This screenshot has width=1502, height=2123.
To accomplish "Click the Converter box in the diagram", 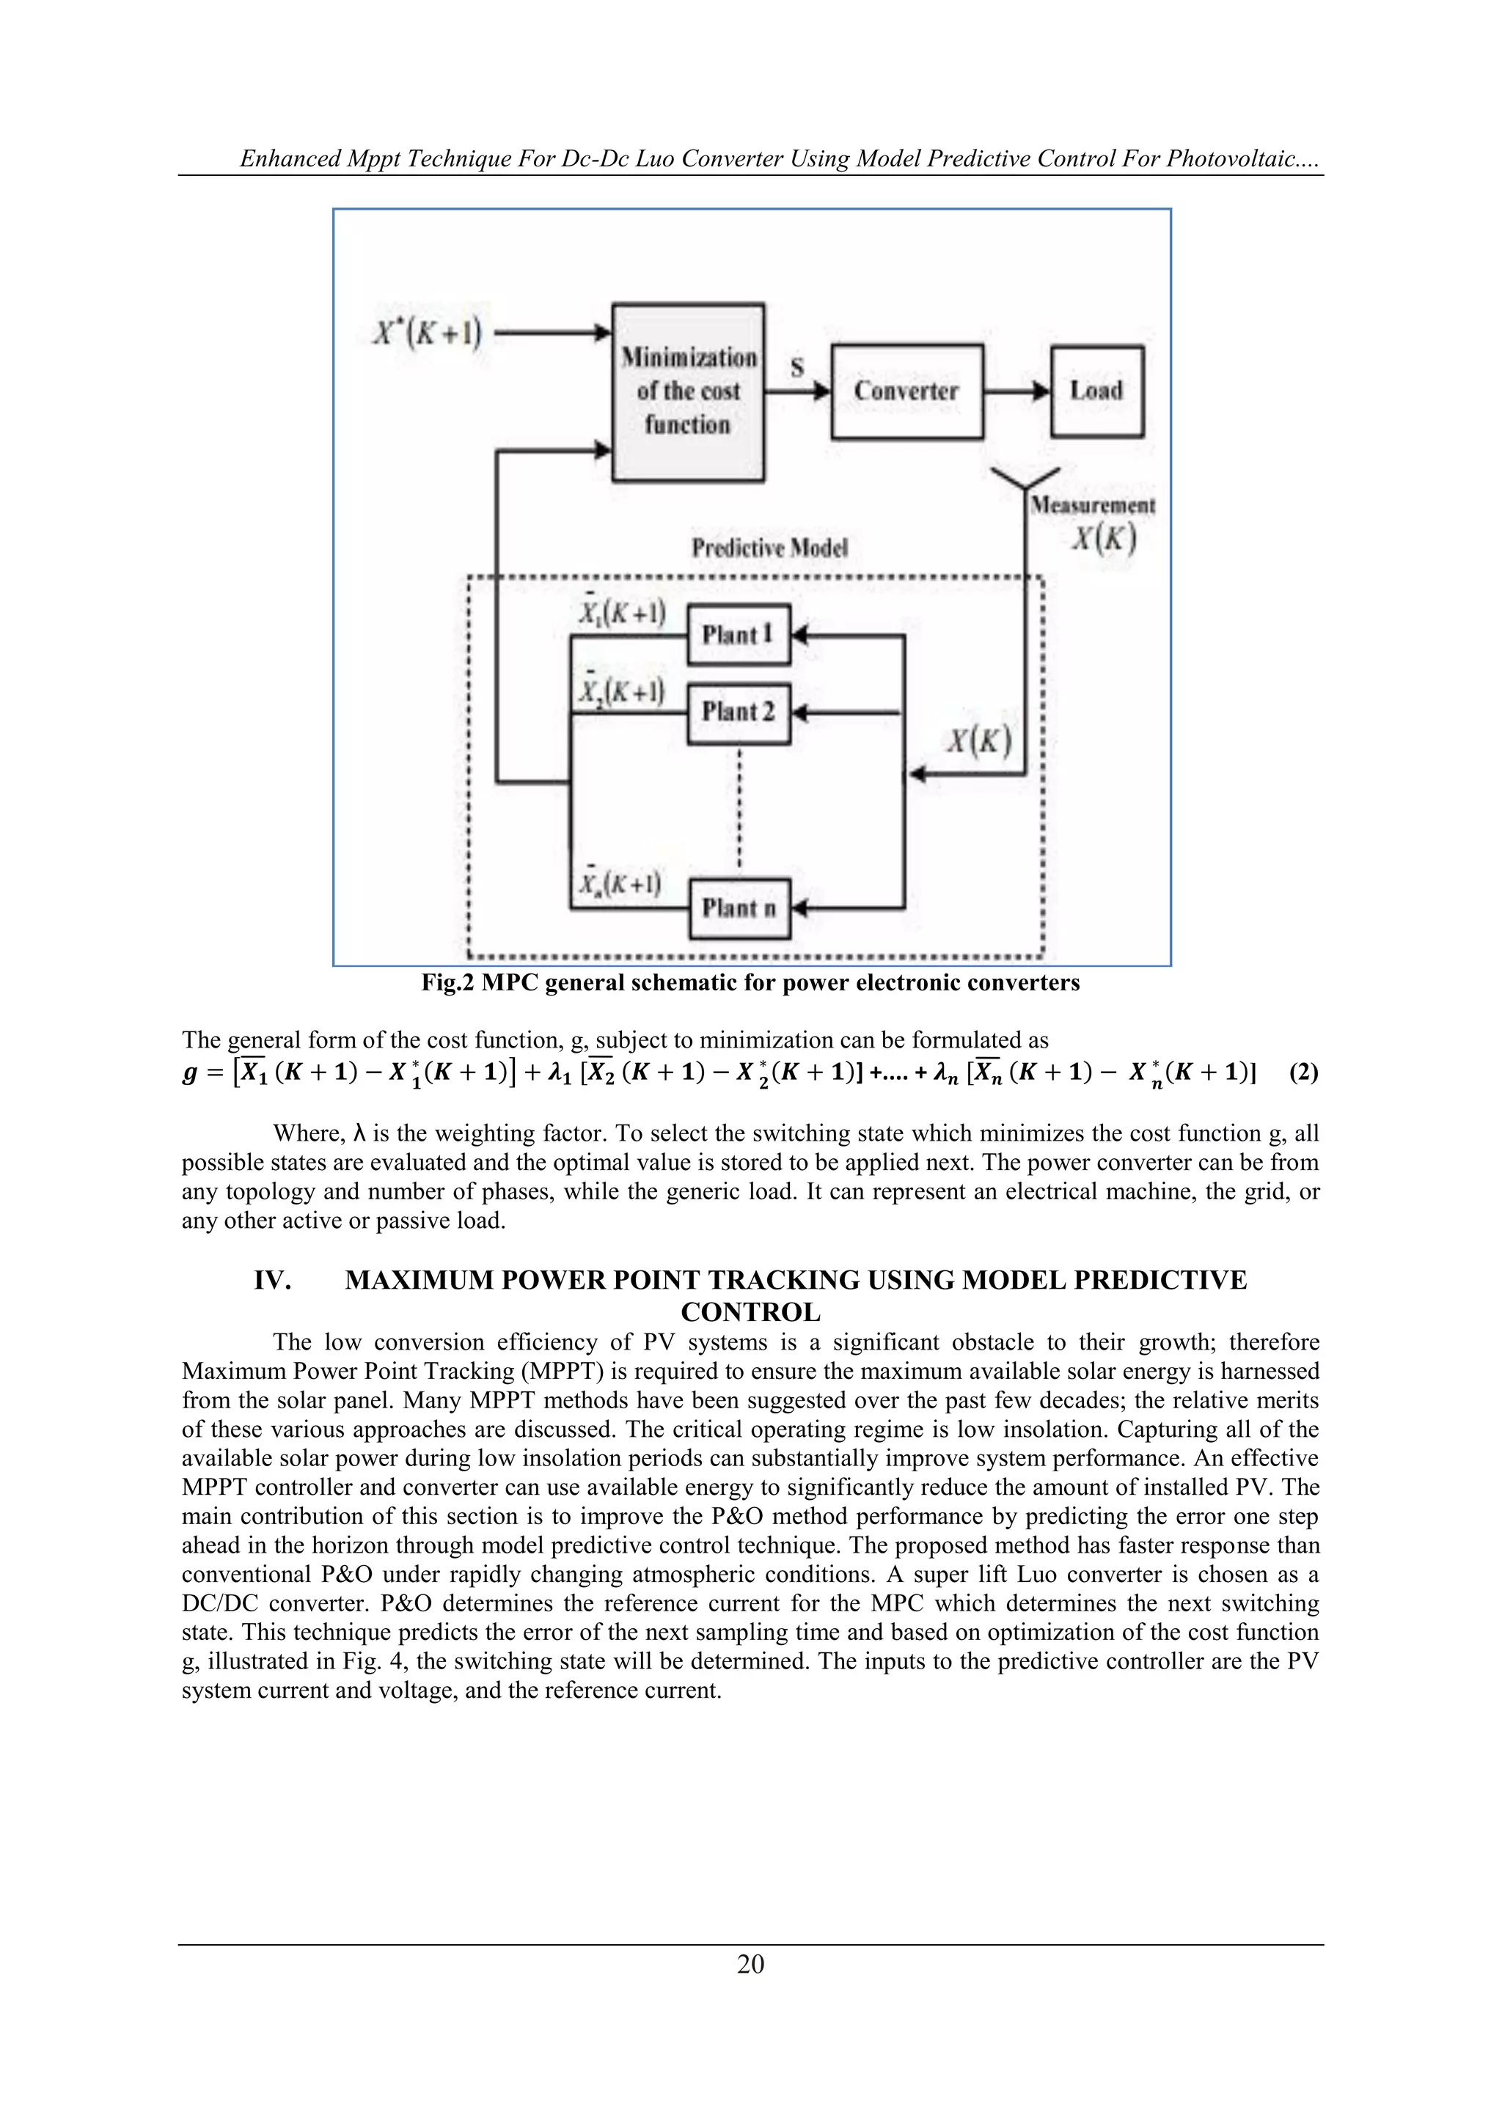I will pos(906,391).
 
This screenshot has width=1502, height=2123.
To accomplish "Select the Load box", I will pos(1097,391).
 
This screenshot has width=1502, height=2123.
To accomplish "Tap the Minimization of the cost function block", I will pos(688,391).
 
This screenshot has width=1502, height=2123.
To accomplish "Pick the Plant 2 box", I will pos(738,712).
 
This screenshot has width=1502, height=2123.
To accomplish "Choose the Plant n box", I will pos(738,908).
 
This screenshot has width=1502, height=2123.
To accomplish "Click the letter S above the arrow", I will pos(797,367).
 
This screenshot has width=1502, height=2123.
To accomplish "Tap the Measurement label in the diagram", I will pos(1092,505).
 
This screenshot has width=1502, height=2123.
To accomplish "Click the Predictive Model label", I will pos(769,548).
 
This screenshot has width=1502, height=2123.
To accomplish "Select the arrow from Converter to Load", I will pos(1016,391).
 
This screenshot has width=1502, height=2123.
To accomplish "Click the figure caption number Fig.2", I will pos(447,983).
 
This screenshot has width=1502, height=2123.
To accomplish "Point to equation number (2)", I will pos(1303,1072).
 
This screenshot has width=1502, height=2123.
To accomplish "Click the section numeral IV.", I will pos(273,1281).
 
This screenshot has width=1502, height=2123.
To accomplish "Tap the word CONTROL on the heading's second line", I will pos(750,1312).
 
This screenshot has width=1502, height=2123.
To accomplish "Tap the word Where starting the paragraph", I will pos(304,1133).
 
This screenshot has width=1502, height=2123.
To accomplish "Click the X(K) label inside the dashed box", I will pos(978,742).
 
